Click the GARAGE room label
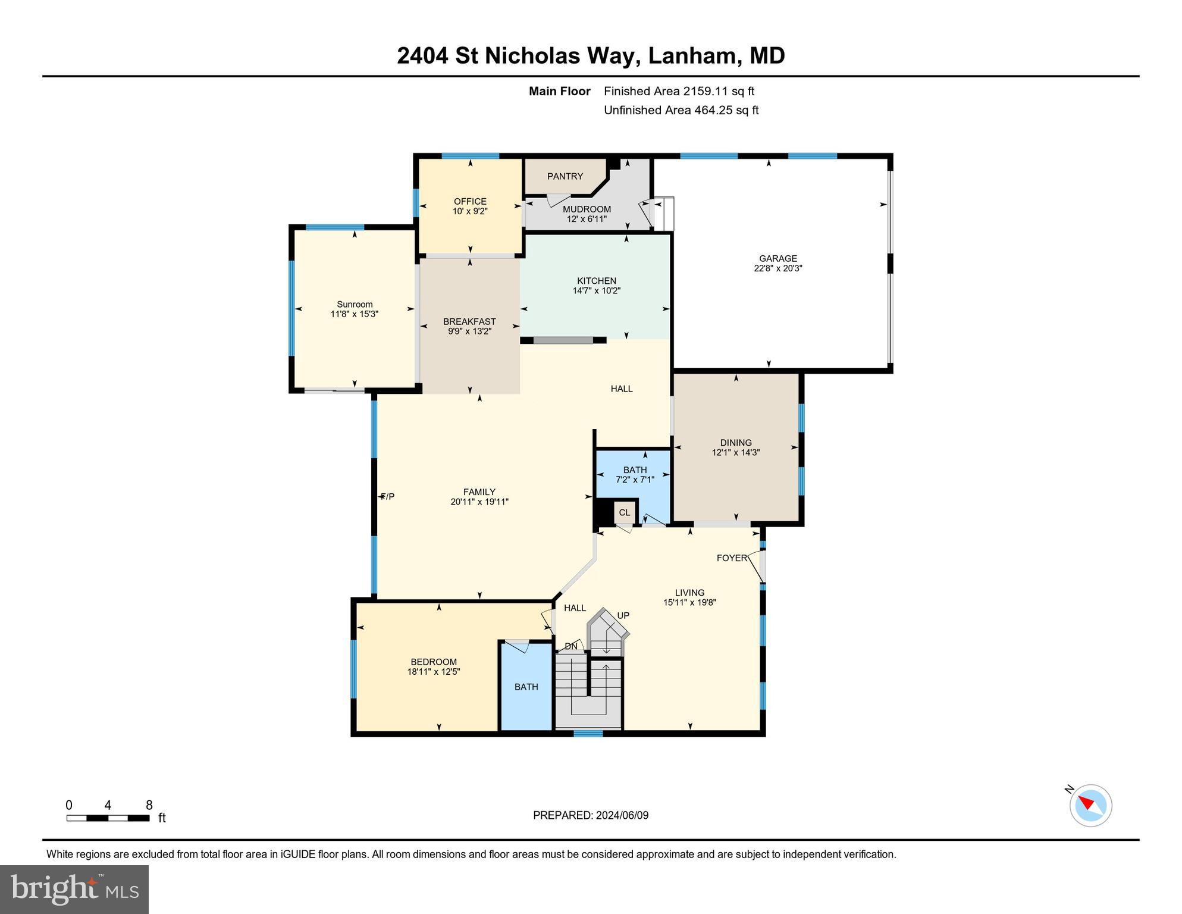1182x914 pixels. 777,258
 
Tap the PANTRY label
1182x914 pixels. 565,176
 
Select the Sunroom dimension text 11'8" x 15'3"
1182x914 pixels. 355,314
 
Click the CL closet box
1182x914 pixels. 624,512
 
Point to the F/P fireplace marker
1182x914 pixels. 387,496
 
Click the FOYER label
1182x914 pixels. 731,558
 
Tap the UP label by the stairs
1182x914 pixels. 623,615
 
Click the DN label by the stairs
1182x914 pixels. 571,646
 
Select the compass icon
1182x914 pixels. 1090,805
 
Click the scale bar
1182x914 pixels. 108,818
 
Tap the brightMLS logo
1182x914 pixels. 74,889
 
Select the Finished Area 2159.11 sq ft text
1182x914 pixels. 679,91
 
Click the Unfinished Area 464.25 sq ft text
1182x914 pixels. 681,110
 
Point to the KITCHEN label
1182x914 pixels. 596,281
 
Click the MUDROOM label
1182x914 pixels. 587,209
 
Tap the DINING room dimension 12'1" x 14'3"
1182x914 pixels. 736,452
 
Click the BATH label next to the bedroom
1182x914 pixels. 526,687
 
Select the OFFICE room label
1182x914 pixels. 470,202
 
